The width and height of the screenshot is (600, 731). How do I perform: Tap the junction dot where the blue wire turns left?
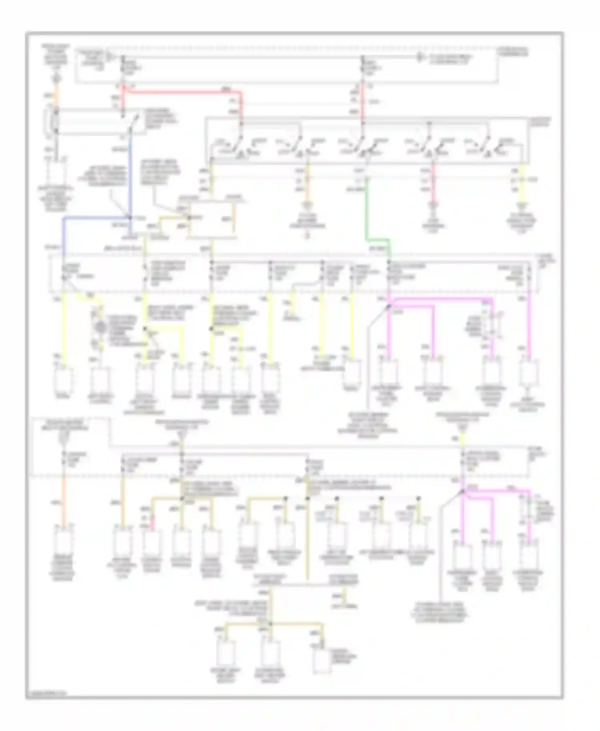coord(130,218)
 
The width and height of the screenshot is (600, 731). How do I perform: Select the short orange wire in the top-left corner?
coord(56,96)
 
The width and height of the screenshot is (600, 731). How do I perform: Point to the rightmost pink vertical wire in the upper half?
coord(529,328)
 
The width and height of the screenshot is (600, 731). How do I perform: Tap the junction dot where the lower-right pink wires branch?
coord(462,491)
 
